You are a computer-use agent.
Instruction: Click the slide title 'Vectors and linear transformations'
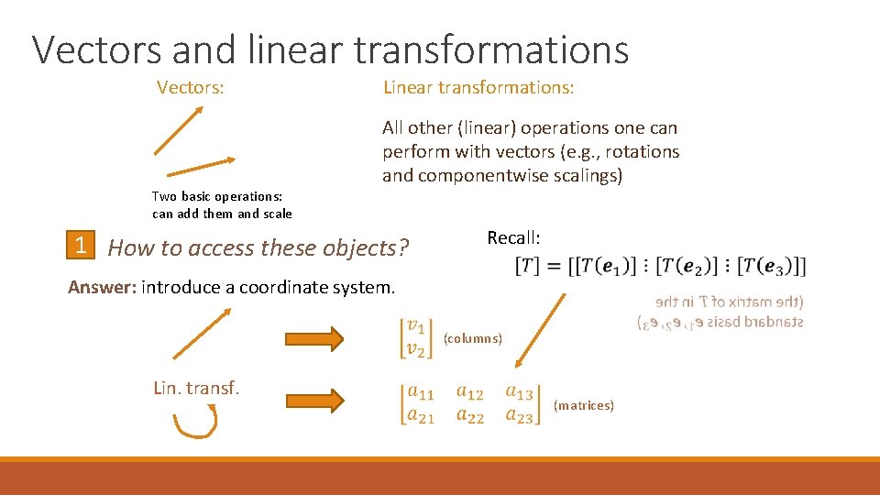330,49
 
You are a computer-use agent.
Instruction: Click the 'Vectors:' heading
191,88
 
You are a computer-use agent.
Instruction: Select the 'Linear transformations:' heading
478,88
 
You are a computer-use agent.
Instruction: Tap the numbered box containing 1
82,246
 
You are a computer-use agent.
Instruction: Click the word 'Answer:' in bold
102,287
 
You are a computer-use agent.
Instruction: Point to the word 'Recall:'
513,238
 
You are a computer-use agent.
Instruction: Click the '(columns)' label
472,338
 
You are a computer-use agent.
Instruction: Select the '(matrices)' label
584,405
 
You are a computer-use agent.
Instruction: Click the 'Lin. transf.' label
196,388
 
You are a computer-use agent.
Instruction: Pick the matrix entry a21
421,416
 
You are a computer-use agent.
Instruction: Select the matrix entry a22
470,416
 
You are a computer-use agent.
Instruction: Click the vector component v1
416,326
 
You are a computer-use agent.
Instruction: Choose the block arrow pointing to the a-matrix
313,400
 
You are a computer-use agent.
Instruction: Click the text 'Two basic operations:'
217,196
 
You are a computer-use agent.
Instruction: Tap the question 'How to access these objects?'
258,247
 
